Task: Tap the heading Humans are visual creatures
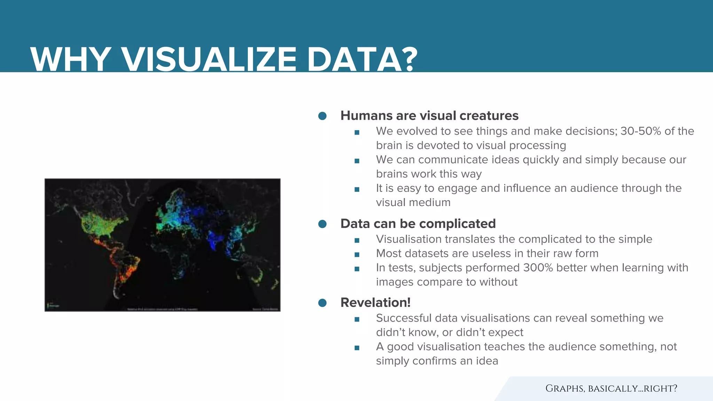pyautogui.click(x=429, y=116)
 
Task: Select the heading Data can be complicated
pyautogui.click(x=418, y=223)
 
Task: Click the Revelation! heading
pyautogui.click(x=375, y=302)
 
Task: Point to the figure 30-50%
pyautogui.click(x=641, y=131)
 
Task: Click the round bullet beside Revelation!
pyautogui.click(x=322, y=303)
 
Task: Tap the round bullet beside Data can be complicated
pyautogui.click(x=322, y=224)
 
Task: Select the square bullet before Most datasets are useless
pyautogui.click(x=357, y=254)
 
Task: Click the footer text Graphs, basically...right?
pyautogui.click(x=611, y=388)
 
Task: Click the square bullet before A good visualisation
pyautogui.click(x=357, y=348)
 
